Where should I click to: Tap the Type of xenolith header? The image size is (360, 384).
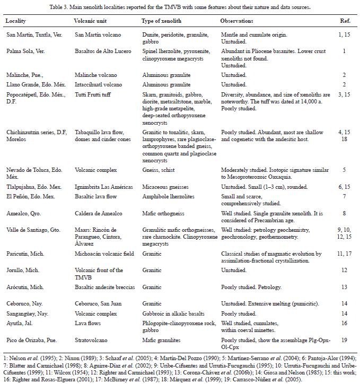tap(164, 21)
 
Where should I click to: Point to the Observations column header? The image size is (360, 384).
tap(236, 21)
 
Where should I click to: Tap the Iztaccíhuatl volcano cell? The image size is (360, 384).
tap(99, 84)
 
